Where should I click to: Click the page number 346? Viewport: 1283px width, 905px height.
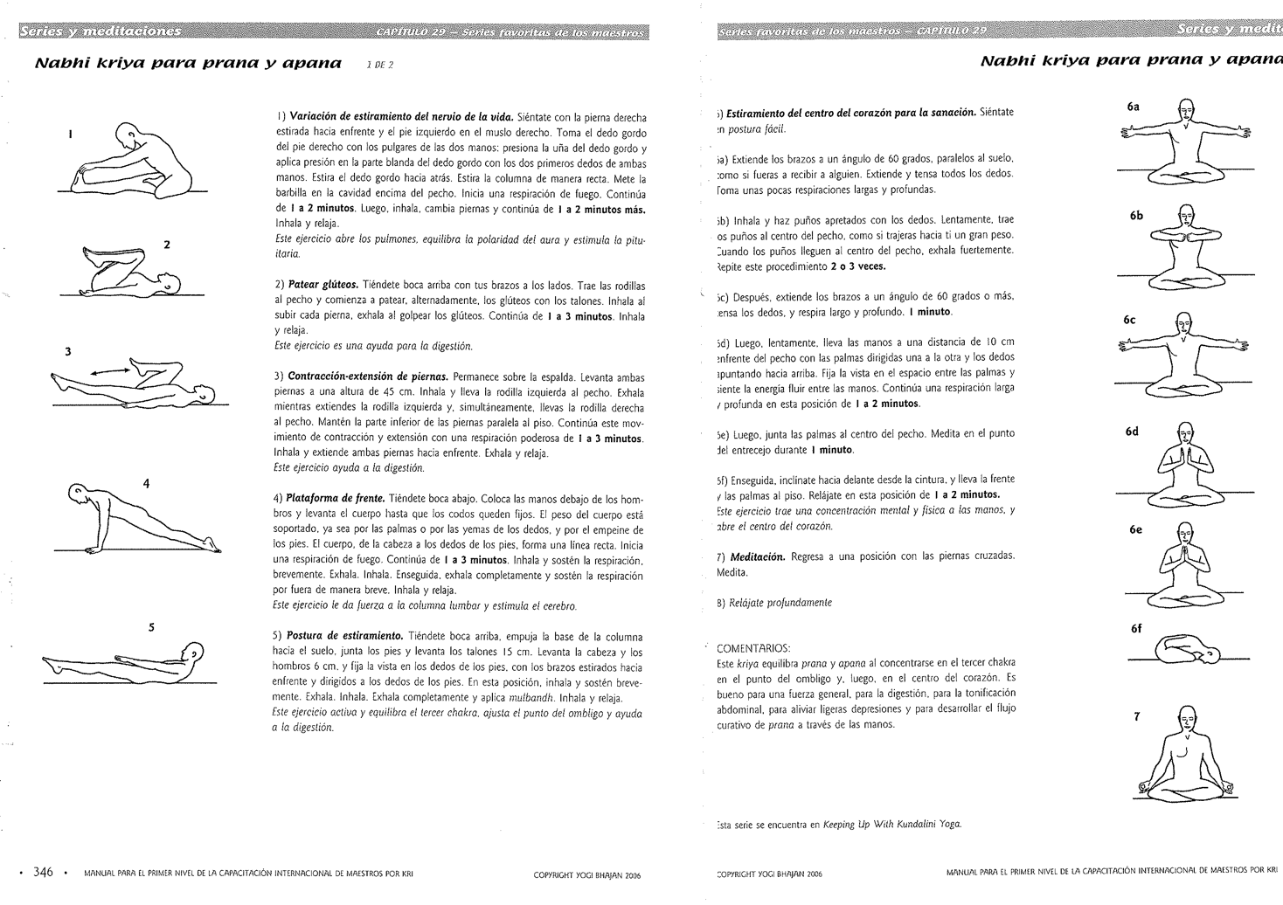(44, 873)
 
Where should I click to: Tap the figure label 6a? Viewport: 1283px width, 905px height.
(1133, 107)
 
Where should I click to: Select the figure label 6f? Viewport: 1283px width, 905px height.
(1136, 628)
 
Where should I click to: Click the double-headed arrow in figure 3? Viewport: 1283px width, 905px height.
(112, 371)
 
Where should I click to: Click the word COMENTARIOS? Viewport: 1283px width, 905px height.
(752, 648)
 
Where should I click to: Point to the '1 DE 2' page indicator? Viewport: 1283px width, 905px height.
(380, 65)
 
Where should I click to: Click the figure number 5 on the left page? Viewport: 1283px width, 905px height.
(150, 625)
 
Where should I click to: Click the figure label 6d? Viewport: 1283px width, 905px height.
(1133, 432)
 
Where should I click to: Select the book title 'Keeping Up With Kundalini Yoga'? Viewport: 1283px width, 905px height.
(891, 825)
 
